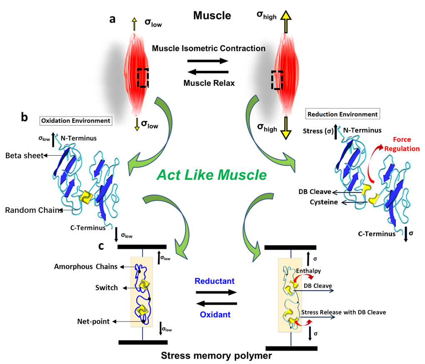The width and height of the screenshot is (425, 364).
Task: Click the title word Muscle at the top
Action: (212, 16)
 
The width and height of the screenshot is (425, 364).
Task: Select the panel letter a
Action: (112, 19)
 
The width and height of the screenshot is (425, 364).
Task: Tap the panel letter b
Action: (25, 117)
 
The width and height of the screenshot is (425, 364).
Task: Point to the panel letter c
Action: (101, 246)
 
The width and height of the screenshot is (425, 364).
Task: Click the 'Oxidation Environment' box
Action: (76, 121)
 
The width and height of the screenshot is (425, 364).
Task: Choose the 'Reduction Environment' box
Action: (342, 114)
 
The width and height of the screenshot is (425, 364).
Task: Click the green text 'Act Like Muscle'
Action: (211, 175)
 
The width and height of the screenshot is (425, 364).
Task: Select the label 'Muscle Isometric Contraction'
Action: (208, 48)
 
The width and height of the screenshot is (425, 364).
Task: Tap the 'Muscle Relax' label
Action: (209, 83)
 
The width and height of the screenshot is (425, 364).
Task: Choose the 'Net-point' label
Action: (94, 321)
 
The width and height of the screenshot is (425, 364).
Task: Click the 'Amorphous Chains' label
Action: (86, 267)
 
